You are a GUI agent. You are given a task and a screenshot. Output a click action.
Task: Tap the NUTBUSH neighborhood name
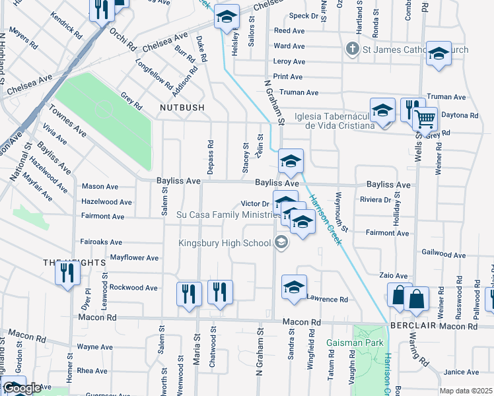(x=181, y=107)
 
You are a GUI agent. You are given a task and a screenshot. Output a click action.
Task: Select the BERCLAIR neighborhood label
(x=410, y=326)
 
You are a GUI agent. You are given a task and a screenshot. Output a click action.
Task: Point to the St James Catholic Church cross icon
(x=353, y=49)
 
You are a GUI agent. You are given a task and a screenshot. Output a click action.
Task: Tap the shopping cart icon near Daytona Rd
(x=425, y=120)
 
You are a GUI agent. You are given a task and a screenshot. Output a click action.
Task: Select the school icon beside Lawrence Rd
(x=294, y=286)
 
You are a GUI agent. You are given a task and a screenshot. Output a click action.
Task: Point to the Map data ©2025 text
(x=466, y=391)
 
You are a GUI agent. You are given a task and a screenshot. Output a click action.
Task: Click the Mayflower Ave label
(x=134, y=257)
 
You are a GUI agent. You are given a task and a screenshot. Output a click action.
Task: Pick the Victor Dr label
(x=255, y=204)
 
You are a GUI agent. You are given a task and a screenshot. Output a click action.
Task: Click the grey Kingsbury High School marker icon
(x=281, y=243)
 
